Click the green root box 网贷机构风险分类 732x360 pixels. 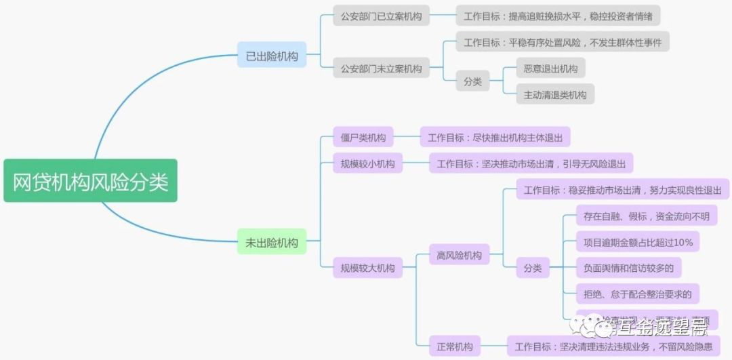[x=90, y=181]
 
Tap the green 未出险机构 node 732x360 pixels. [x=272, y=242]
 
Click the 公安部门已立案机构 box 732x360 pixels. [x=381, y=16]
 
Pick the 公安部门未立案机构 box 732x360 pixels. [x=381, y=68]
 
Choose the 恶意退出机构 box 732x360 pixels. [x=550, y=68]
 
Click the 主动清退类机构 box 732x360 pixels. [x=554, y=94]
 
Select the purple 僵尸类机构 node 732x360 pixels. [x=363, y=138]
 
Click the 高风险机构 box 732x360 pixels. [x=460, y=256]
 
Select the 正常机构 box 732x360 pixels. [x=455, y=346]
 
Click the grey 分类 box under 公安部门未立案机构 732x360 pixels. [x=472, y=81]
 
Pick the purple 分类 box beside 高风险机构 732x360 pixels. [x=532, y=268]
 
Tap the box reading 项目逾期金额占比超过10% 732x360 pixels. [x=638, y=241]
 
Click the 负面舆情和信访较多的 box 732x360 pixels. [x=628, y=268]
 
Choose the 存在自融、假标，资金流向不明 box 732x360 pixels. [x=646, y=216]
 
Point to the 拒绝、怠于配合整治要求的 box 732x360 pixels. [x=637, y=294]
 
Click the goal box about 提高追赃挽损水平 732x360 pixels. [x=558, y=16]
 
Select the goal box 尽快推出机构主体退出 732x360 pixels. [x=495, y=138]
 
